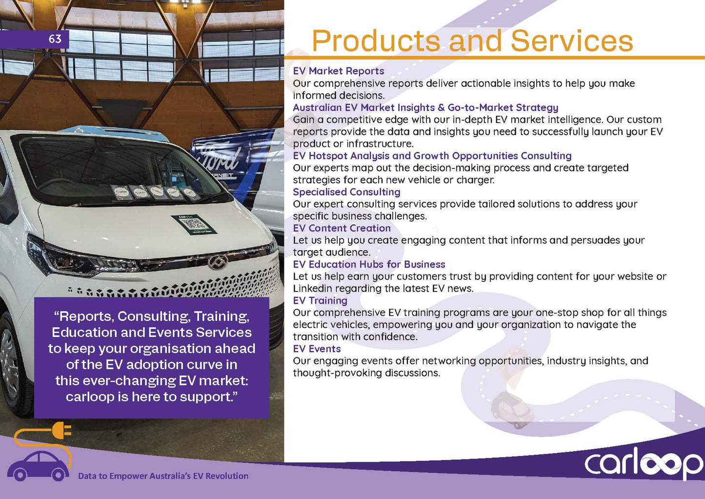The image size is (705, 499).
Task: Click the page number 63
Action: (x=55, y=39)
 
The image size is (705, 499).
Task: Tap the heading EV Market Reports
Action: (x=338, y=71)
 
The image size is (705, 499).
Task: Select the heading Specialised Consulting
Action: (x=346, y=192)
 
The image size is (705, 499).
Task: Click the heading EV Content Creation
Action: (x=342, y=228)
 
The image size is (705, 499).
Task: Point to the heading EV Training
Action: (x=320, y=301)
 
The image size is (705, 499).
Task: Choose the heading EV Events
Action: (x=317, y=349)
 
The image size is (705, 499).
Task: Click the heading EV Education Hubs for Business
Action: (x=369, y=264)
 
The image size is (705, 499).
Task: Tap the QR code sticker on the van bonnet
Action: (x=194, y=224)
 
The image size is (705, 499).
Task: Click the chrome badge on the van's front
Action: (x=218, y=262)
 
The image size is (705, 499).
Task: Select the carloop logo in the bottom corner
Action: (x=644, y=463)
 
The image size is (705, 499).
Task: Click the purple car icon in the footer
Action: (x=38, y=466)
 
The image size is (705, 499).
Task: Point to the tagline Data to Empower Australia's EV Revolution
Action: (x=163, y=476)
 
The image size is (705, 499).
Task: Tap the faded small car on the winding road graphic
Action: (x=511, y=410)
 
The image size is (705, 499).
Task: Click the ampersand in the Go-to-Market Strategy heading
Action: (x=441, y=107)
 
